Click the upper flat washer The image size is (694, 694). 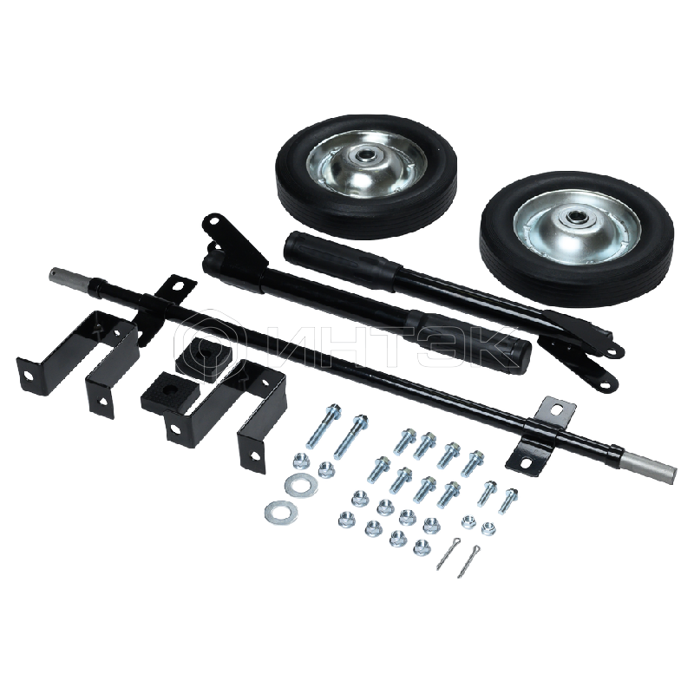pos(298,483)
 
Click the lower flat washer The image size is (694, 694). pos(281,511)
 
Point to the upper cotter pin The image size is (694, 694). pos(448,552)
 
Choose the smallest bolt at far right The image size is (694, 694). pos(508,501)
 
